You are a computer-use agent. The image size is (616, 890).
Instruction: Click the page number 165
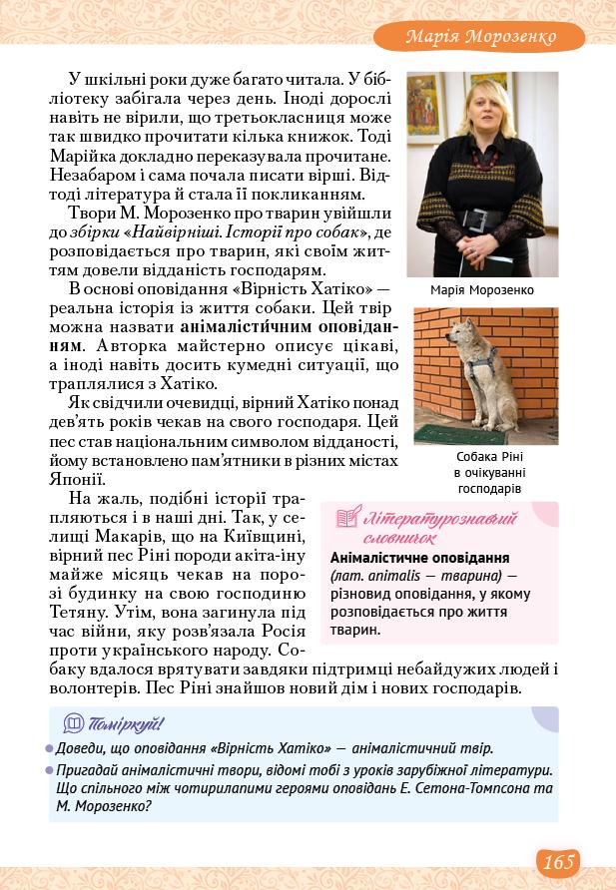coord(560,861)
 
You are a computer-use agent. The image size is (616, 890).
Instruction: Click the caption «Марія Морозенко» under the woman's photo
coord(482,289)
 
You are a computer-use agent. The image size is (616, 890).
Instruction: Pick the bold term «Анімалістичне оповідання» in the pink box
coord(419,558)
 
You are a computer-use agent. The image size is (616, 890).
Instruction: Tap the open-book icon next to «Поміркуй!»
coord(74,723)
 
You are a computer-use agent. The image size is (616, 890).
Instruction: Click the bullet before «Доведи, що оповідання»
coord(50,748)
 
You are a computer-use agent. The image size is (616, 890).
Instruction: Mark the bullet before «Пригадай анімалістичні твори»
coord(50,771)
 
